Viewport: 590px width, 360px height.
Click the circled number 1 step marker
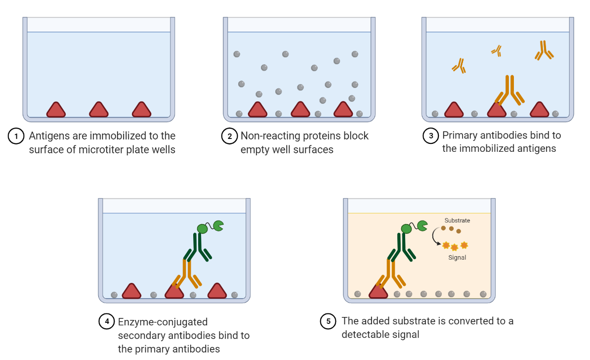tap(16, 136)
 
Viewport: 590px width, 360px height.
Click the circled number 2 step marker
tap(229, 136)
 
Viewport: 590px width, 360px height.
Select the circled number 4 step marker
tap(107, 322)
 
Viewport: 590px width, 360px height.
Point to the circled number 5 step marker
tap(328, 321)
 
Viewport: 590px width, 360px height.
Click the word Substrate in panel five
tap(457, 221)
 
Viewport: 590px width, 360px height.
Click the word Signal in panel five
tap(457, 257)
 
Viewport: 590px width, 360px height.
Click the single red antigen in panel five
tap(379, 292)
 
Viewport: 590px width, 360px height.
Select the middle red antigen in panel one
tap(98, 110)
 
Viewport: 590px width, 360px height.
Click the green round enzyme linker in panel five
tap(406, 228)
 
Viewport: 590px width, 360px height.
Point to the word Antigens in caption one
tap(49, 136)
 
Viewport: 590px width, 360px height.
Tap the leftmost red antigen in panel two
tap(257, 110)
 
